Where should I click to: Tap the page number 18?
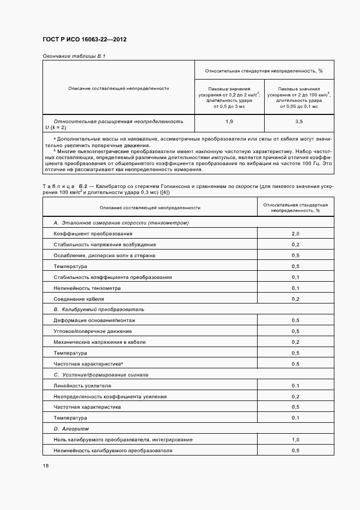click(45, 465)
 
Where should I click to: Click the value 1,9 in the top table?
click(229, 121)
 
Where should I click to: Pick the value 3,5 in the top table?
click(298, 121)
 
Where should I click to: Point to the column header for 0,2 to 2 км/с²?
click(229, 98)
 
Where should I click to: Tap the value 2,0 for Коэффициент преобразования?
click(295, 234)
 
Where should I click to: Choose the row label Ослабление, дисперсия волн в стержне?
click(104, 256)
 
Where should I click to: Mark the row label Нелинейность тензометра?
click(87, 288)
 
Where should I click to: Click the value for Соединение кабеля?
click(295, 299)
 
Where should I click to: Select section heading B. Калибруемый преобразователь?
click(99, 309)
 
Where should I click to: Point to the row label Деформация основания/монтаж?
click(93, 320)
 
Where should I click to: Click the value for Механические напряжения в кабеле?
click(295, 342)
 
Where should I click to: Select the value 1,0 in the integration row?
click(295, 440)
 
